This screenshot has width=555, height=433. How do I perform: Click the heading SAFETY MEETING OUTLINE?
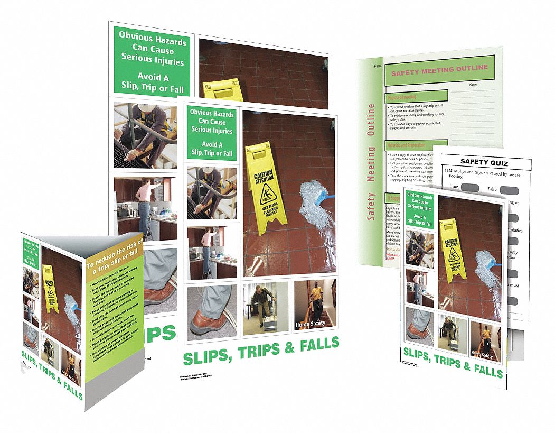439,70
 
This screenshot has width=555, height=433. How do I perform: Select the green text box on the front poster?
212,133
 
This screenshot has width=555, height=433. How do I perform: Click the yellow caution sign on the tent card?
50,285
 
